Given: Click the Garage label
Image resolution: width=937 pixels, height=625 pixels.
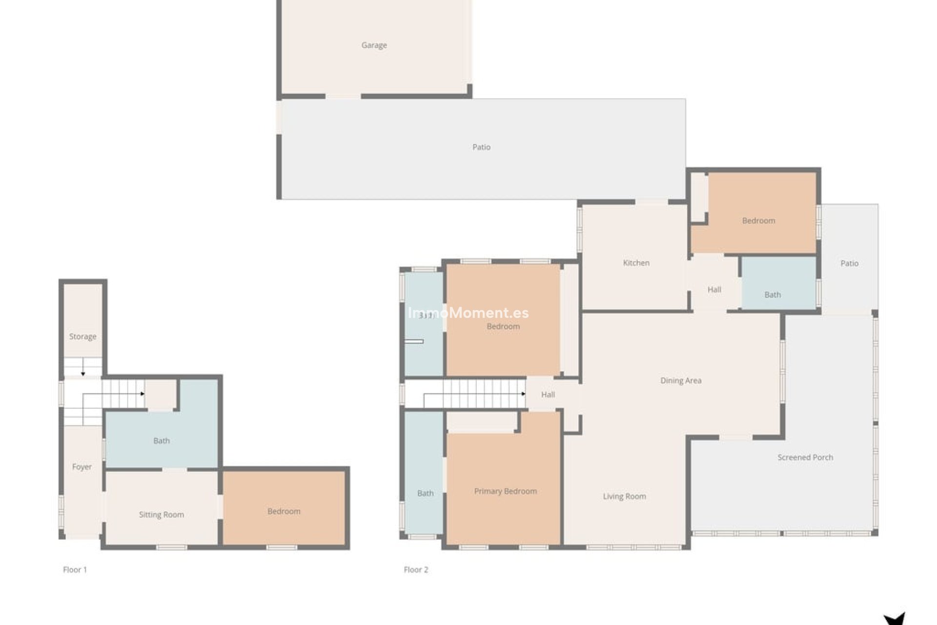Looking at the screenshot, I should [x=374, y=45].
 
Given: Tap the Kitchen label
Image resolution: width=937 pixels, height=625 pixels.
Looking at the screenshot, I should [x=636, y=263].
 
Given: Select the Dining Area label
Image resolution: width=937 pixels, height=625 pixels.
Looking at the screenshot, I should [x=681, y=380].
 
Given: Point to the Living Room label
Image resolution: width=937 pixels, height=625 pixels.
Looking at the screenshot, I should [x=624, y=496].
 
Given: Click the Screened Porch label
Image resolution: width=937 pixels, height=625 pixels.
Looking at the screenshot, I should [x=805, y=457].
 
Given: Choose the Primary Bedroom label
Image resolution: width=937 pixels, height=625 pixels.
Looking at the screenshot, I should [x=505, y=491].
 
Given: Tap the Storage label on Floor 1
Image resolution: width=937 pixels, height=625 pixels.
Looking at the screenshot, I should [x=82, y=336].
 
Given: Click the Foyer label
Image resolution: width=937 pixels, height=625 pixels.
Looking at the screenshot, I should [x=81, y=467].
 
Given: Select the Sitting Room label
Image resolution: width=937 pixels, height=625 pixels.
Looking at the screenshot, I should [x=161, y=514].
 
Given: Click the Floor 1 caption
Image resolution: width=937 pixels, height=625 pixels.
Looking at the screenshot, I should [x=75, y=569].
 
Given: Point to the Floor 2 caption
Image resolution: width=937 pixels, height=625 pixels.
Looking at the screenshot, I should [x=416, y=569].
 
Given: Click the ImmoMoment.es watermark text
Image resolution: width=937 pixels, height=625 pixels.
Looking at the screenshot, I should [x=468, y=313].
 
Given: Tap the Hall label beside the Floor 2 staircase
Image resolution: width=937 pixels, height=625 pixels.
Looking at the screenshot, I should [x=548, y=395].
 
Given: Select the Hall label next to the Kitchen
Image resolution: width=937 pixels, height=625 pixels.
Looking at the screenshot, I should [x=714, y=290].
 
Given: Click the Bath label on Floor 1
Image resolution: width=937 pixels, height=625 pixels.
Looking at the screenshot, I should [x=162, y=440].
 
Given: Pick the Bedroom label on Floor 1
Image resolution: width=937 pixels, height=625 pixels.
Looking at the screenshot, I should [x=284, y=511].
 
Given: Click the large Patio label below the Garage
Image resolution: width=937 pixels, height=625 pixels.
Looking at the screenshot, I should [x=481, y=147].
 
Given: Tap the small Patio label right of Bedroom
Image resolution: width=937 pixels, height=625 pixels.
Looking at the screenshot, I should [x=849, y=263].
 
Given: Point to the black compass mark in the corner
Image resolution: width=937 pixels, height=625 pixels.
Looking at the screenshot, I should [x=895, y=618].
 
